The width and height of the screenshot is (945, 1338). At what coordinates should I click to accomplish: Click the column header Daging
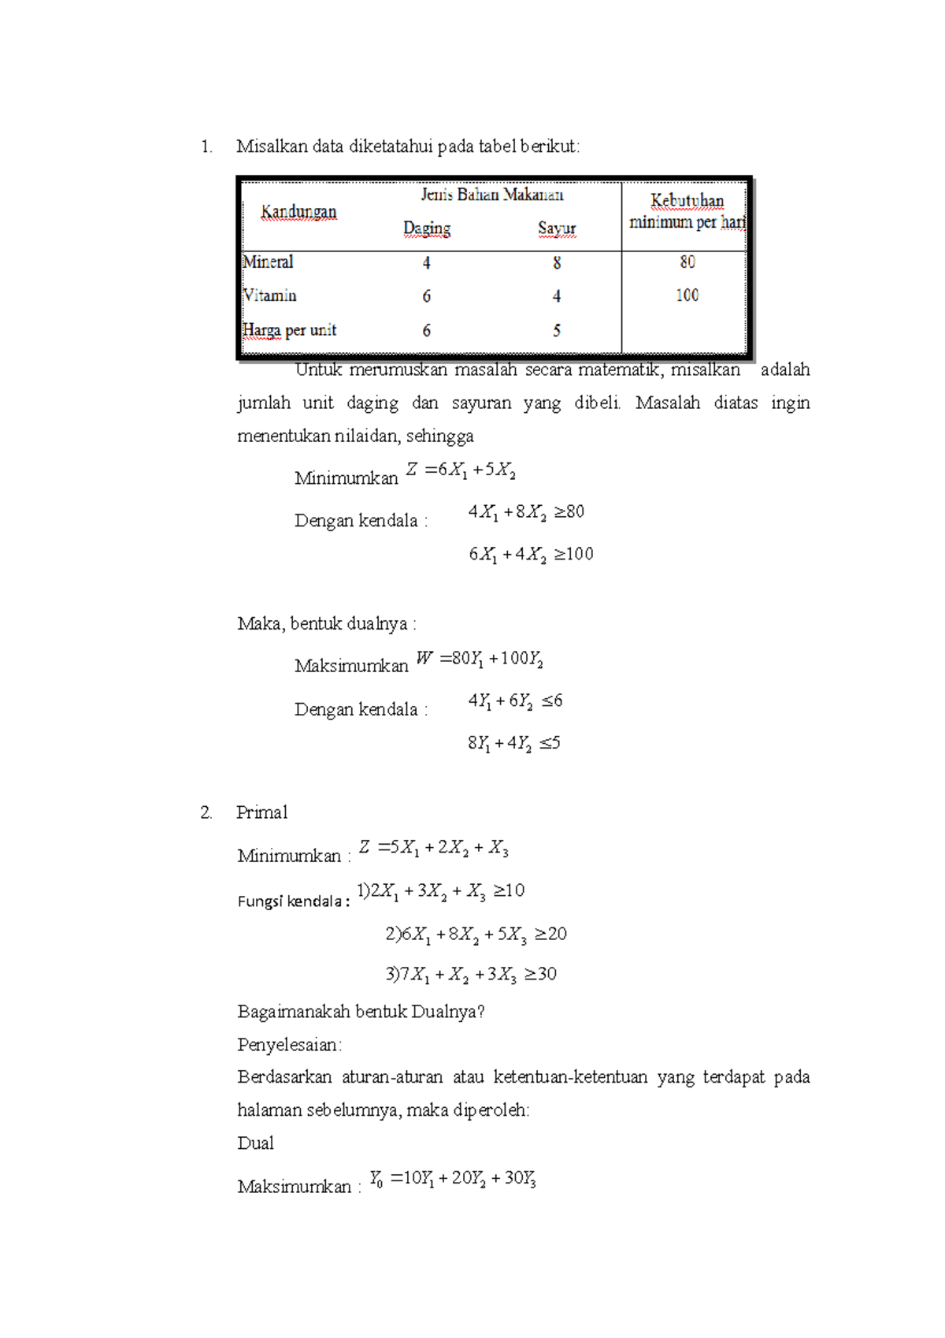pos(427,229)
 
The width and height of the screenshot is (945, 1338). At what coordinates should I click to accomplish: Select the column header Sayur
pos(557,229)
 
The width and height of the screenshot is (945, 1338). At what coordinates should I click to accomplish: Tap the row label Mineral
pos(268,262)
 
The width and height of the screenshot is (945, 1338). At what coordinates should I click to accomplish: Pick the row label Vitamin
pos(270,295)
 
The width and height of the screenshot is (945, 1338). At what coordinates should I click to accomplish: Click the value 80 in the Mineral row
pos(687,262)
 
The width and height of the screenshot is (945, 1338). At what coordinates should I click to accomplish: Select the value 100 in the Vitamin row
pos(687,295)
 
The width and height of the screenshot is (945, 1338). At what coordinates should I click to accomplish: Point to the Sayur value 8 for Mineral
pos(557,263)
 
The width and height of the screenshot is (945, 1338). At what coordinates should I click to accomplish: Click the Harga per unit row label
pos(290,330)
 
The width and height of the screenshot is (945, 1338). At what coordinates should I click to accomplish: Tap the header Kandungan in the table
pos(298,212)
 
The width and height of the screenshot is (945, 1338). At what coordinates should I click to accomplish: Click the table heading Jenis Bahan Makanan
pos(491,195)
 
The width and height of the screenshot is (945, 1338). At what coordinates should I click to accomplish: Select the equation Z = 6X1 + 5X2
pos(461,470)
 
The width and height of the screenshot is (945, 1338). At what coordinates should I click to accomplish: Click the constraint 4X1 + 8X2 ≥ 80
pos(526,512)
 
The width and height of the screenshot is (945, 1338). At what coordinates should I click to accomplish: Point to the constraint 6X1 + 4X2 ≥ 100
pos(531,555)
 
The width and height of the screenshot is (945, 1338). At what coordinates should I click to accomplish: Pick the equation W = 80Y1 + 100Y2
pos(480,659)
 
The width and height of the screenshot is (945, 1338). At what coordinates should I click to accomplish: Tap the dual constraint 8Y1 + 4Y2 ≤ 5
pos(513,743)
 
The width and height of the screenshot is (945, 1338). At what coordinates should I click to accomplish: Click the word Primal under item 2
pos(261,812)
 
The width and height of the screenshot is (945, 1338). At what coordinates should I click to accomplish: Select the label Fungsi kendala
pos(293,901)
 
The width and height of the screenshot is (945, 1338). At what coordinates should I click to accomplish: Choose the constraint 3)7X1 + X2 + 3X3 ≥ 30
pos(471,975)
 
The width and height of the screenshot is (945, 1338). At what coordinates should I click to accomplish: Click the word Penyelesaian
pos(289,1045)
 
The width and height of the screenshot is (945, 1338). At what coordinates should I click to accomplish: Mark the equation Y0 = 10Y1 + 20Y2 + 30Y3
pos(453,1179)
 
